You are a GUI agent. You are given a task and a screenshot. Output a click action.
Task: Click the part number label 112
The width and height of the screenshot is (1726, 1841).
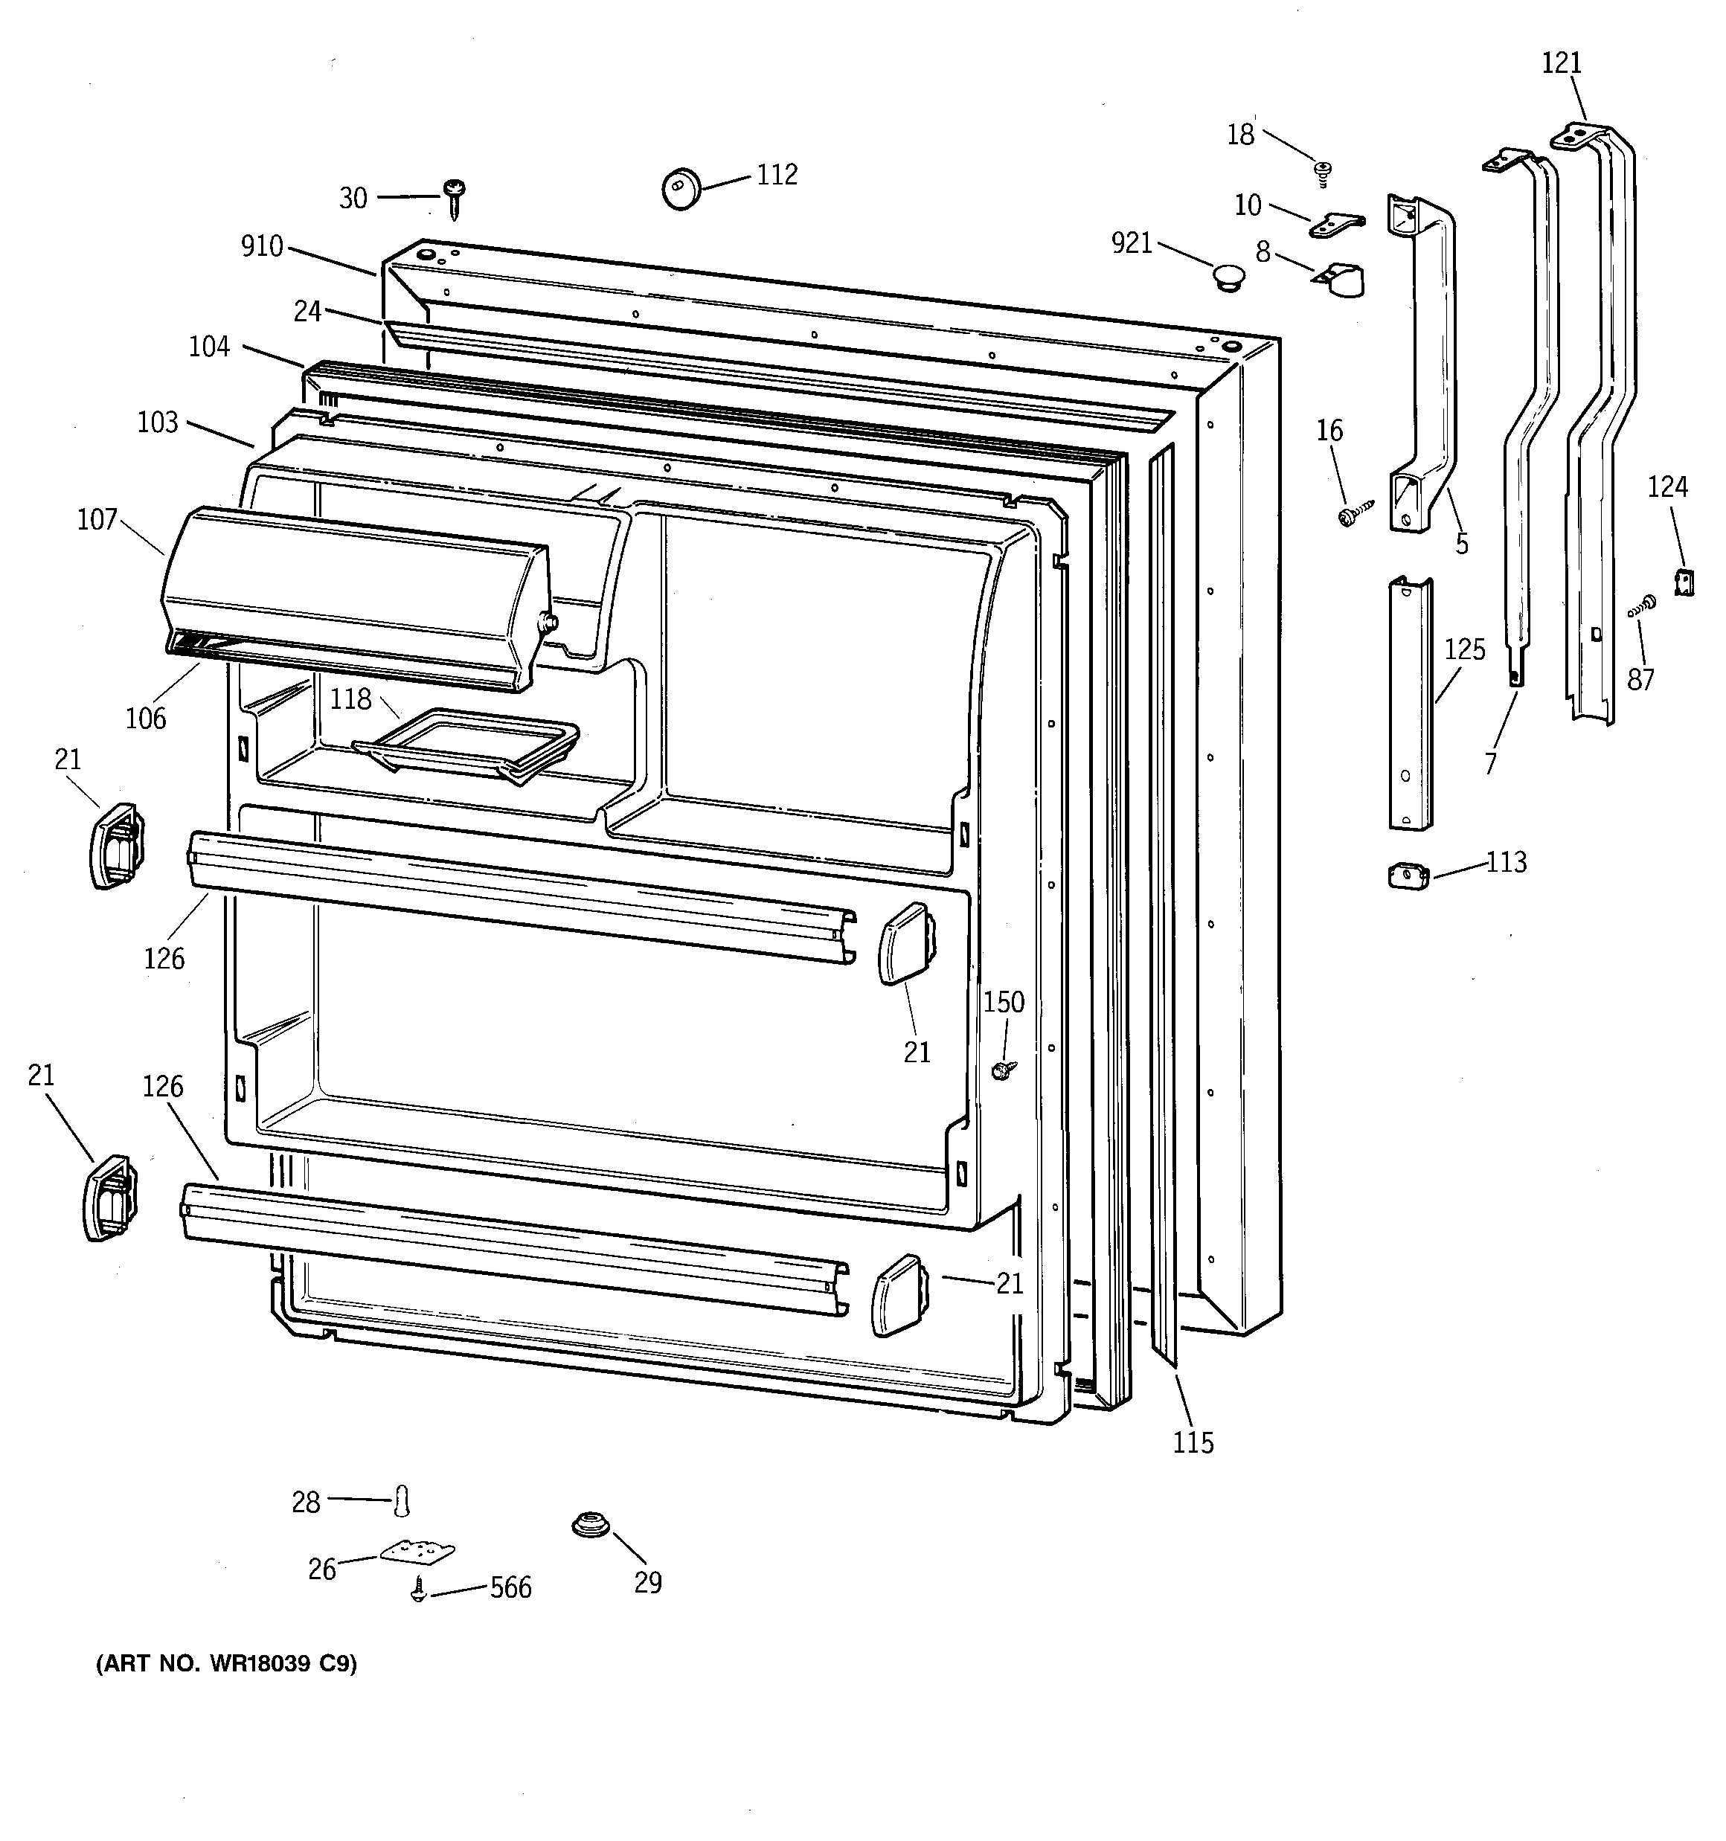(777, 174)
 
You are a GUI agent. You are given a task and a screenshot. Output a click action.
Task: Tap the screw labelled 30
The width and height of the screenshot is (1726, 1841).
(454, 197)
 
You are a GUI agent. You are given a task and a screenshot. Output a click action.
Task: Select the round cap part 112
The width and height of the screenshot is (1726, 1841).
(681, 189)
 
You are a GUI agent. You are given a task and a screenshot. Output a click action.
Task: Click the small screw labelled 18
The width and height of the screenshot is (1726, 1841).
(1323, 170)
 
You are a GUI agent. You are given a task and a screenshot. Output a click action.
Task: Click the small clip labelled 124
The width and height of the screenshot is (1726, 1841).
(1684, 582)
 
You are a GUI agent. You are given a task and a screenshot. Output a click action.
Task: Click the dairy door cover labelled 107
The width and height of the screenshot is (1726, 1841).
(352, 597)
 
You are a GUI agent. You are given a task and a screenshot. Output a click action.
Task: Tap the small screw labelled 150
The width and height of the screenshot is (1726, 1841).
(1001, 1070)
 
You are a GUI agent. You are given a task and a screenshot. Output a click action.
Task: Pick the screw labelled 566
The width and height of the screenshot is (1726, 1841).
(419, 1592)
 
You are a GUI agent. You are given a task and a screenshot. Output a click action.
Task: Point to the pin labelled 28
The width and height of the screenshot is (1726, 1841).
(401, 1500)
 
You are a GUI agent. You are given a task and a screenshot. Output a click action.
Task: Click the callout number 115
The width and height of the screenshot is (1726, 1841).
(1193, 1442)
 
